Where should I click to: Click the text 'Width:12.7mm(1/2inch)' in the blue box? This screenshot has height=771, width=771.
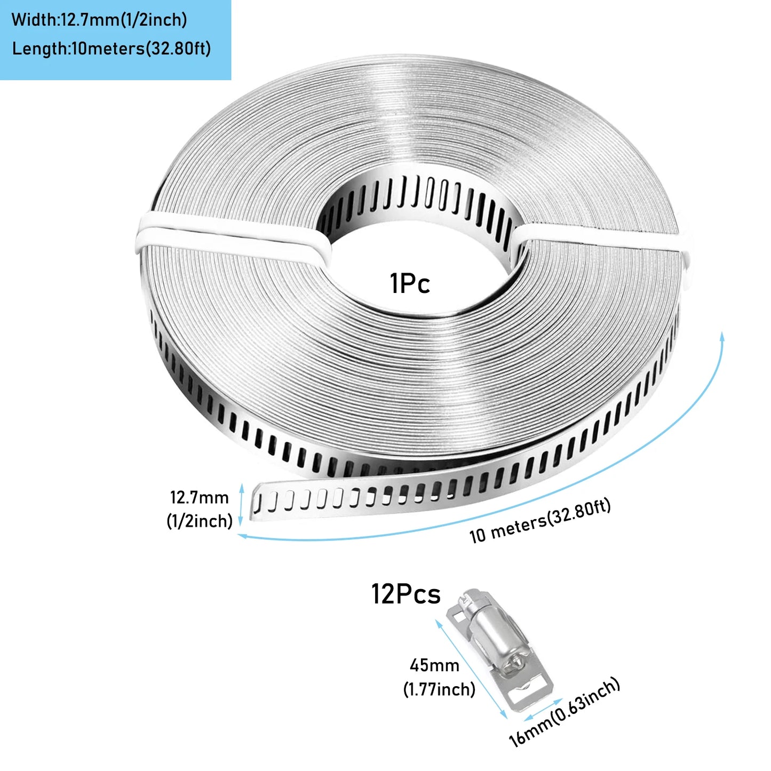(99, 20)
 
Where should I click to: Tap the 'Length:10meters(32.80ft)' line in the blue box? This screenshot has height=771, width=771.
(111, 49)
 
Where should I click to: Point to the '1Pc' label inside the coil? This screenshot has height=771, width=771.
(410, 283)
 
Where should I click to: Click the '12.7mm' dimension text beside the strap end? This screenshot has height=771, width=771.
(199, 497)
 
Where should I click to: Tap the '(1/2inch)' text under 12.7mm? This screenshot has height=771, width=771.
(199, 521)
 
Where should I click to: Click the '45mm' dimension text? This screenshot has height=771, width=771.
(434, 665)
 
